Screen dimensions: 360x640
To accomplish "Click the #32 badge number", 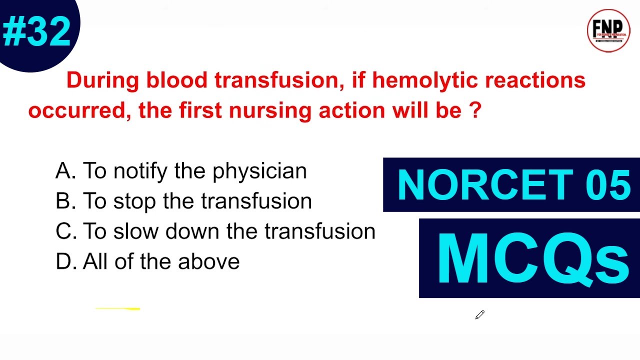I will coord(36,31).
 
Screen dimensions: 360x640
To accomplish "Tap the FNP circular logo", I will coord(608,30).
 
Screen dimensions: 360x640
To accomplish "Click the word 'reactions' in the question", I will coord(535,80).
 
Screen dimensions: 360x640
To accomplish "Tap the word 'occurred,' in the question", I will coord(80,110).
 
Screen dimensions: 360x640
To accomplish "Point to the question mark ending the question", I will coord(475,110).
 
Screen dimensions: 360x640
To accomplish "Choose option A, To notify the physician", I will coord(181,171).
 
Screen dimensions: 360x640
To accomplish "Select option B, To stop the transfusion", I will coord(183,201).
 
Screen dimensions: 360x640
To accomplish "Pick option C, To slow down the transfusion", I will coord(215,231).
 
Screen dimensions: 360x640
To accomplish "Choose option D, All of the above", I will coord(147,261).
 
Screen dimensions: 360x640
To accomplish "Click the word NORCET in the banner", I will coord(484,185).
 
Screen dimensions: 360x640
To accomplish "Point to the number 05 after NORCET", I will coord(606,185).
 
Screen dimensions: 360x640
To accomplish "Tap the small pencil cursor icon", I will coord(480,314).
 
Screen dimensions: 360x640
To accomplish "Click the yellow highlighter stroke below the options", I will coord(117,309).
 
